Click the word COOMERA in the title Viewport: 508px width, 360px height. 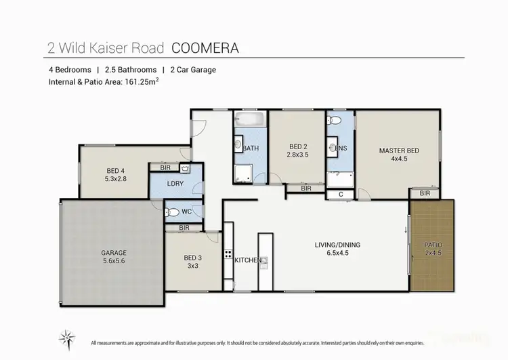point(206,47)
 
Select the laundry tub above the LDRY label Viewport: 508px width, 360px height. point(186,167)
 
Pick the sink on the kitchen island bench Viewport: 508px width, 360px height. point(265,260)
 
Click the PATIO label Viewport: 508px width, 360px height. point(433,244)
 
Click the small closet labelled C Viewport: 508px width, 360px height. point(340,195)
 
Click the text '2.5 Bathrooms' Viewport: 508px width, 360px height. point(131,70)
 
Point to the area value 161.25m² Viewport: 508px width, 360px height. point(139,82)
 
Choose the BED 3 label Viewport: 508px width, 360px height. point(193,258)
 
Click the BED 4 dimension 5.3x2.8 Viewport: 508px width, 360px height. point(115,180)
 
